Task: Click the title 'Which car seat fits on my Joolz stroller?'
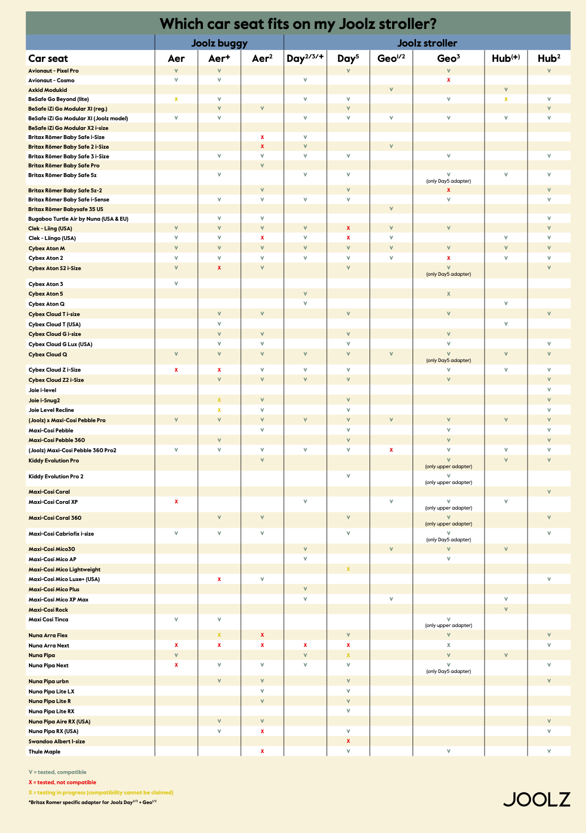click(x=298, y=24)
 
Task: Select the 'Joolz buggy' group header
click(x=219, y=43)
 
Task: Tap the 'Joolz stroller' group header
click(x=427, y=43)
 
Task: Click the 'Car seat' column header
click(x=48, y=58)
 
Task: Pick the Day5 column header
click(x=348, y=58)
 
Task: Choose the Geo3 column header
click(x=448, y=58)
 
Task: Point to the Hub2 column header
click(x=549, y=58)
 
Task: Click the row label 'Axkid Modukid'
click(x=48, y=90)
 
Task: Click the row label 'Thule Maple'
click(x=44, y=751)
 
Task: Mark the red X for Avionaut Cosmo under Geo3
click(x=448, y=80)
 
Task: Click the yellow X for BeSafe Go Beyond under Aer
click(x=176, y=99)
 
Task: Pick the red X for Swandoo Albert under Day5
click(x=348, y=741)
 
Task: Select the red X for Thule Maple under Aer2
click(x=262, y=751)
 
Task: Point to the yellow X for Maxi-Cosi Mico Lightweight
click(x=348, y=569)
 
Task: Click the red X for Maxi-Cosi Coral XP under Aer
click(x=176, y=502)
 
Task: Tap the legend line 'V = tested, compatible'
click(x=57, y=772)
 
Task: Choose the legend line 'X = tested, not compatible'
click(x=62, y=782)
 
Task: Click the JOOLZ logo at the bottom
click(x=537, y=799)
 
